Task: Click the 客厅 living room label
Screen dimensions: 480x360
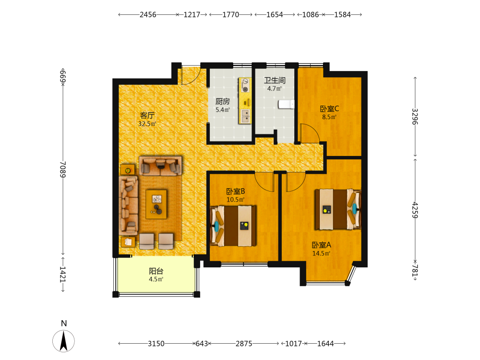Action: pyautogui.click(x=147, y=115)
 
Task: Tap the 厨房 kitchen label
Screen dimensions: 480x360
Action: pyautogui.click(x=223, y=101)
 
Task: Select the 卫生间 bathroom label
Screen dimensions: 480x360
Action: pyautogui.click(x=275, y=81)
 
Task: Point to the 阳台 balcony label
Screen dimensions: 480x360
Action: pyautogui.click(x=156, y=271)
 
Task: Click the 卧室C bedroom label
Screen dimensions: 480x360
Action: pyautogui.click(x=329, y=108)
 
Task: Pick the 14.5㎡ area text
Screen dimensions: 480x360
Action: pyautogui.click(x=321, y=253)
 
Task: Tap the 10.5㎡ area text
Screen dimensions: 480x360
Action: pyautogui.click(x=235, y=200)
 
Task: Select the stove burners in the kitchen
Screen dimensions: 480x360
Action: pyautogui.click(x=245, y=85)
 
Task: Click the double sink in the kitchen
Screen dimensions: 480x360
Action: pyautogui.click(x=245, y=116)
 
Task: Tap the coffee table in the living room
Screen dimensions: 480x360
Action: pyautogui.click(x=156, y=204)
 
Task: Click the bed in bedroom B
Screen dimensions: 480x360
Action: pyautogui.click(x=233, y=226)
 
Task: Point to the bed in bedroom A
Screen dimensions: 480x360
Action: pyautogui.click(x=338, y=209)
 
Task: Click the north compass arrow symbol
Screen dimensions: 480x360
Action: pyautogui.click(x=64, y=341)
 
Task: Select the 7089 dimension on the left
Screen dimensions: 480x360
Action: pyautogui.click(x=63, y=169)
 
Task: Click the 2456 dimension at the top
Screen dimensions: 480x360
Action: pyautogui.click(x=148, y=15)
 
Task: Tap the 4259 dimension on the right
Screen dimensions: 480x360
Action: pyautogui.click(x=415, y=210)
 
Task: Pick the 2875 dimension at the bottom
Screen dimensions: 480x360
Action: pyautogui.click(x=244, y=344)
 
